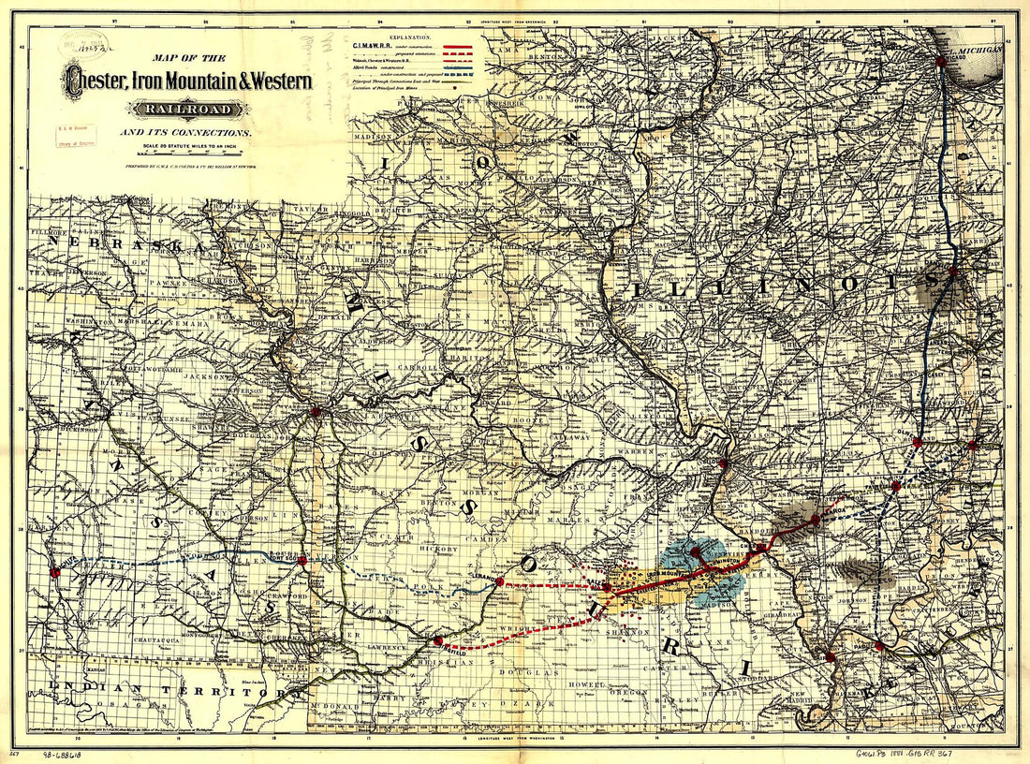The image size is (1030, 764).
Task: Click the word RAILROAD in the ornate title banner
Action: point(188,109)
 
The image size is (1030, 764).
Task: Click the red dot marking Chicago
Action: point(941,61)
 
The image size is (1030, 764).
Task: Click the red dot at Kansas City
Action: point(316,410)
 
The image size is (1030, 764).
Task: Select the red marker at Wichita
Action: point(54,572)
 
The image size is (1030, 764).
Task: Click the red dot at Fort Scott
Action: point(302,561)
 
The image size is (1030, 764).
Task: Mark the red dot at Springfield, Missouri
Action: point(438,640)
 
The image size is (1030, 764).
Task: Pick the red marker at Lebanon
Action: point(500,581)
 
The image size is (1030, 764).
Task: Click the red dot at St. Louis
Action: point(723,463)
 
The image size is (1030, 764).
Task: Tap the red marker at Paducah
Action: point(879,645)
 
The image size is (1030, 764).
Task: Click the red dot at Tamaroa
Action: point(896,486)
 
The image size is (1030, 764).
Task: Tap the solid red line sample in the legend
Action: point(463,45)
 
